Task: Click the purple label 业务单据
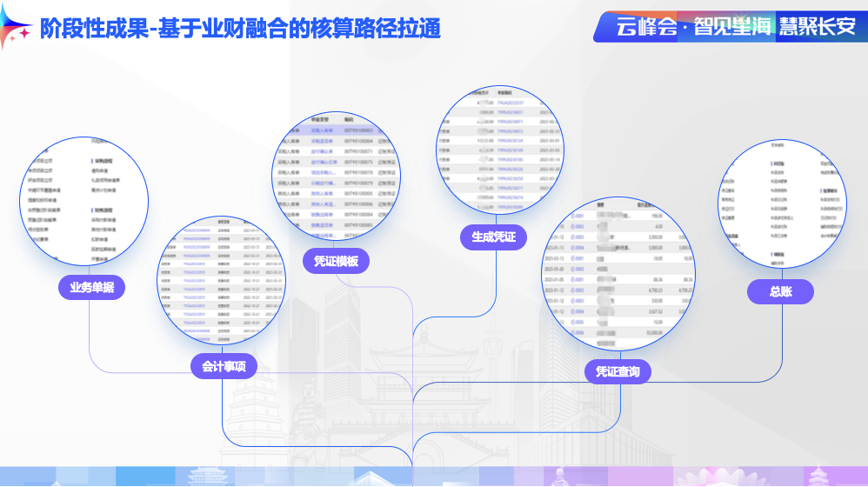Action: click(92, 287)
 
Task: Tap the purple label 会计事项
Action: click(224, 366)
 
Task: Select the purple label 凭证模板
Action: click(336, 261)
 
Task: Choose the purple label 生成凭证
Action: click(493, 237)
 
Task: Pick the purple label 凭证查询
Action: click(618, 371)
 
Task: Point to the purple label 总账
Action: click(780, 292)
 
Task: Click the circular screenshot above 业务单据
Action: click(84, 201)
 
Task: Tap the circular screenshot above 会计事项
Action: click(221, 280)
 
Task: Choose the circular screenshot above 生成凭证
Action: click(495, 150)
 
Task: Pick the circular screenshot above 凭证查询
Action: click(619, 273)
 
